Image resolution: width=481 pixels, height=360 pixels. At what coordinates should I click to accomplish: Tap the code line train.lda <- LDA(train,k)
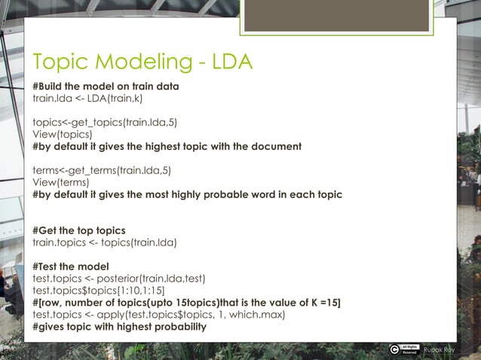click(x=88, y=98)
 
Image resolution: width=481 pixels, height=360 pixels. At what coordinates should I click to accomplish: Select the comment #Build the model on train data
click(x=106, y=86)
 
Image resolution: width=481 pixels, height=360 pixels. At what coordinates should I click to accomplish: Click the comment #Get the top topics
click(x=78, y=230)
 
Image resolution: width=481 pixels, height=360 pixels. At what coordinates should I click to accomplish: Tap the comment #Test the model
click(x=70, y=267)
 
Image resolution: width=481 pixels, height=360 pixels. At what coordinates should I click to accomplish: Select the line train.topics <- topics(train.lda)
click(x=105, y=243)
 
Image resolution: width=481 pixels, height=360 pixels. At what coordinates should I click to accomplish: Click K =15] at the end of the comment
click(x=323, y=303)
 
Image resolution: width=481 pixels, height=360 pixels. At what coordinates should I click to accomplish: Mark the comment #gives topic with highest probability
click(x=119, y=327)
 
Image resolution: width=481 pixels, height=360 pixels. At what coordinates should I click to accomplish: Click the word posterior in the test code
click(x=125, y=279)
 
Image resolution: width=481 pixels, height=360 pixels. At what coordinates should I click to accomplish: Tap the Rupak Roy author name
click(x=438, y=349)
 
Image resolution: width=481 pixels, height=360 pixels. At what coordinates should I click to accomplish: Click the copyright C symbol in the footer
click(x=394, y=349)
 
